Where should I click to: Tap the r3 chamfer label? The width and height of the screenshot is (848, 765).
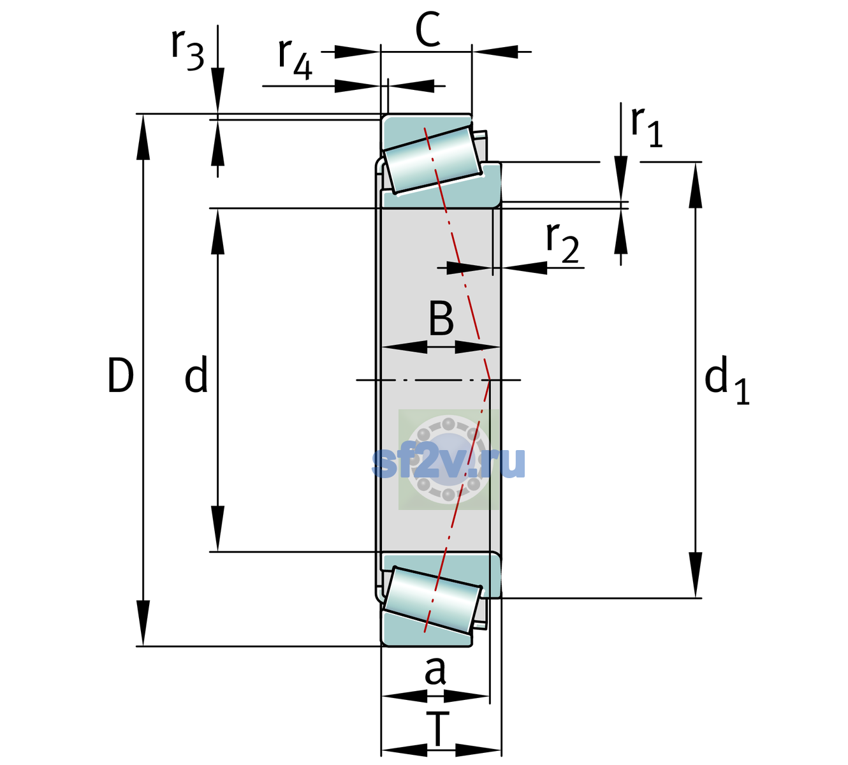click(187, 51)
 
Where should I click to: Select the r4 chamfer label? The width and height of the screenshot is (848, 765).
click(295, 59)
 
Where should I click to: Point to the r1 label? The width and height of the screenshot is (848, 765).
click(647, 127)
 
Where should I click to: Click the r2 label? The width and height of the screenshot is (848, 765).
click(562, 242)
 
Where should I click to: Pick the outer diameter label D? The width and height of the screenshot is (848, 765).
click(121, 375)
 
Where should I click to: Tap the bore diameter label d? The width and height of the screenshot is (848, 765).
click(196, 374)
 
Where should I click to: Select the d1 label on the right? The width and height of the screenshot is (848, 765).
click(726, 379)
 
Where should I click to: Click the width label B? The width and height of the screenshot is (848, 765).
click(441, 318)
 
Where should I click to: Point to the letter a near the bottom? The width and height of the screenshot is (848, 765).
click(435, 671)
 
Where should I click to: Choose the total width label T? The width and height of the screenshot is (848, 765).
click(438, 729)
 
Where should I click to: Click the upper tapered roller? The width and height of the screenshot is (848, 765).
click(432, 160)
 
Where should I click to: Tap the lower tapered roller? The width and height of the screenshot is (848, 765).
click(432, 600)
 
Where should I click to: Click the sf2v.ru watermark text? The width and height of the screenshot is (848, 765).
click(448, 463)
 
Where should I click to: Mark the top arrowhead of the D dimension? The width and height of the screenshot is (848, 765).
click(143, 137)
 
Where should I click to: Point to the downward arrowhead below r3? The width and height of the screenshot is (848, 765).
click(217, 91)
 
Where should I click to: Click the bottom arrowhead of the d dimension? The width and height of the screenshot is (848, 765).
click(217, 528)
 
